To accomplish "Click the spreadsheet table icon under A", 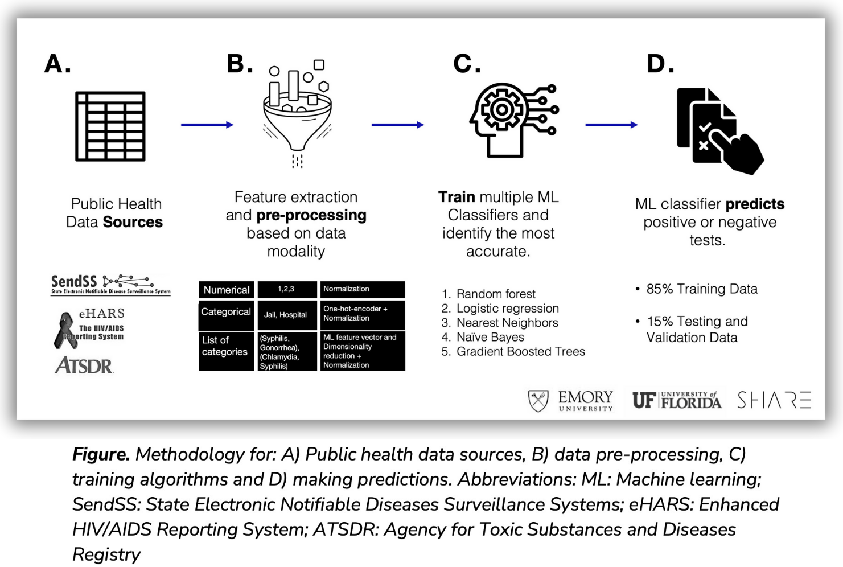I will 110,126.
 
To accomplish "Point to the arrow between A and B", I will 207,125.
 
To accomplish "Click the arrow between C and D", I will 611,125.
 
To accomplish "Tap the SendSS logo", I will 110,284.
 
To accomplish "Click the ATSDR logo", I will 84,365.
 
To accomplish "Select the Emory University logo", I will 571,400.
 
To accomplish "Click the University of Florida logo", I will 677,400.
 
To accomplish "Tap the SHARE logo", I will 774,400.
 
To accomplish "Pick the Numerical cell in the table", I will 227,290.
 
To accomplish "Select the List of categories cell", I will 225,346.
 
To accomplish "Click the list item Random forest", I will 495,294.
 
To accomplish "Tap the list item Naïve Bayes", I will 490,337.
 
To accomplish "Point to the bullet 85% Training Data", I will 701,289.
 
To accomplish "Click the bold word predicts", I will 755,204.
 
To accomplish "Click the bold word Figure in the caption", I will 101,454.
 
